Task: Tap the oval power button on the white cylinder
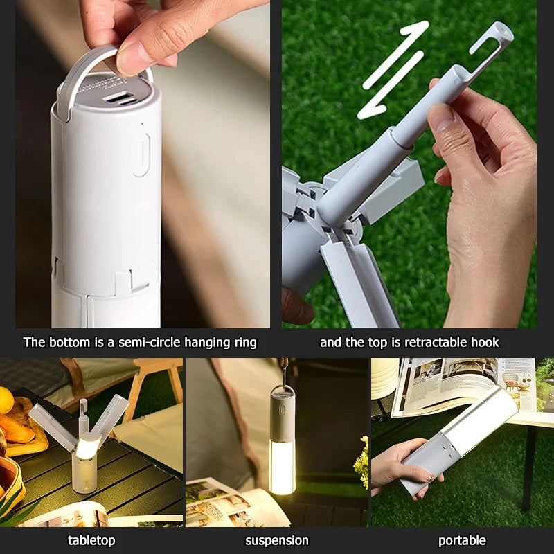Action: pyautogui.click(x=141, y=154)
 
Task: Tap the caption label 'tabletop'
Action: pyautogui.click(x=91, y=540)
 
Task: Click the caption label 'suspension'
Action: pyautogui.click(x=277, y=540)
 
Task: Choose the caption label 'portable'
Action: pyautogui.click(x=462, y=540)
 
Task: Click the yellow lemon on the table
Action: pyautogui.click(x=6, y=400)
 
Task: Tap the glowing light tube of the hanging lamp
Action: pyautogui.click(x=282, y=467)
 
